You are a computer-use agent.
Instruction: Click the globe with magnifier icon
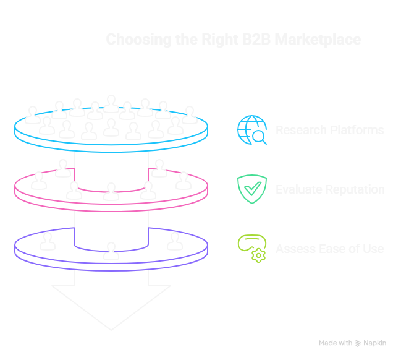[x=252, y=130]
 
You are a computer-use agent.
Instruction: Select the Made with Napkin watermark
[x=352, y=343]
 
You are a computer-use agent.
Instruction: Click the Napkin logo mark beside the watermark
[x=358, y=343]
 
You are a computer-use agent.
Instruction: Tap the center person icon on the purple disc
[x=111, y=251]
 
